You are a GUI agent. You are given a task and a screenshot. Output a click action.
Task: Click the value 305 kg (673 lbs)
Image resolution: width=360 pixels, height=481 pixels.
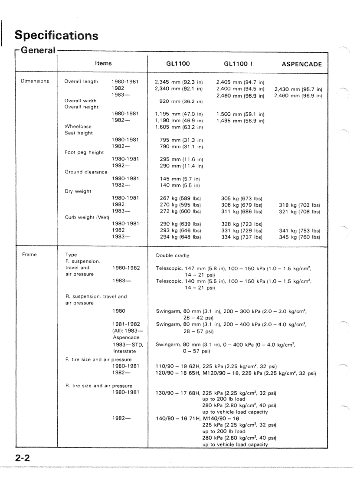click(x=242, y=198)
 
